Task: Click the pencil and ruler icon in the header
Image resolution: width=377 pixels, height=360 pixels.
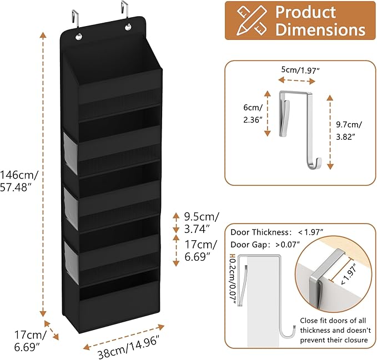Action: click(x=249, y=20)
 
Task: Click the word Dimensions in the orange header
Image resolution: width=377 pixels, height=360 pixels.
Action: click(x=320, y=30)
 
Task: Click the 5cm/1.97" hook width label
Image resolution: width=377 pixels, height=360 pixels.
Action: click(x=300, y=70)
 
